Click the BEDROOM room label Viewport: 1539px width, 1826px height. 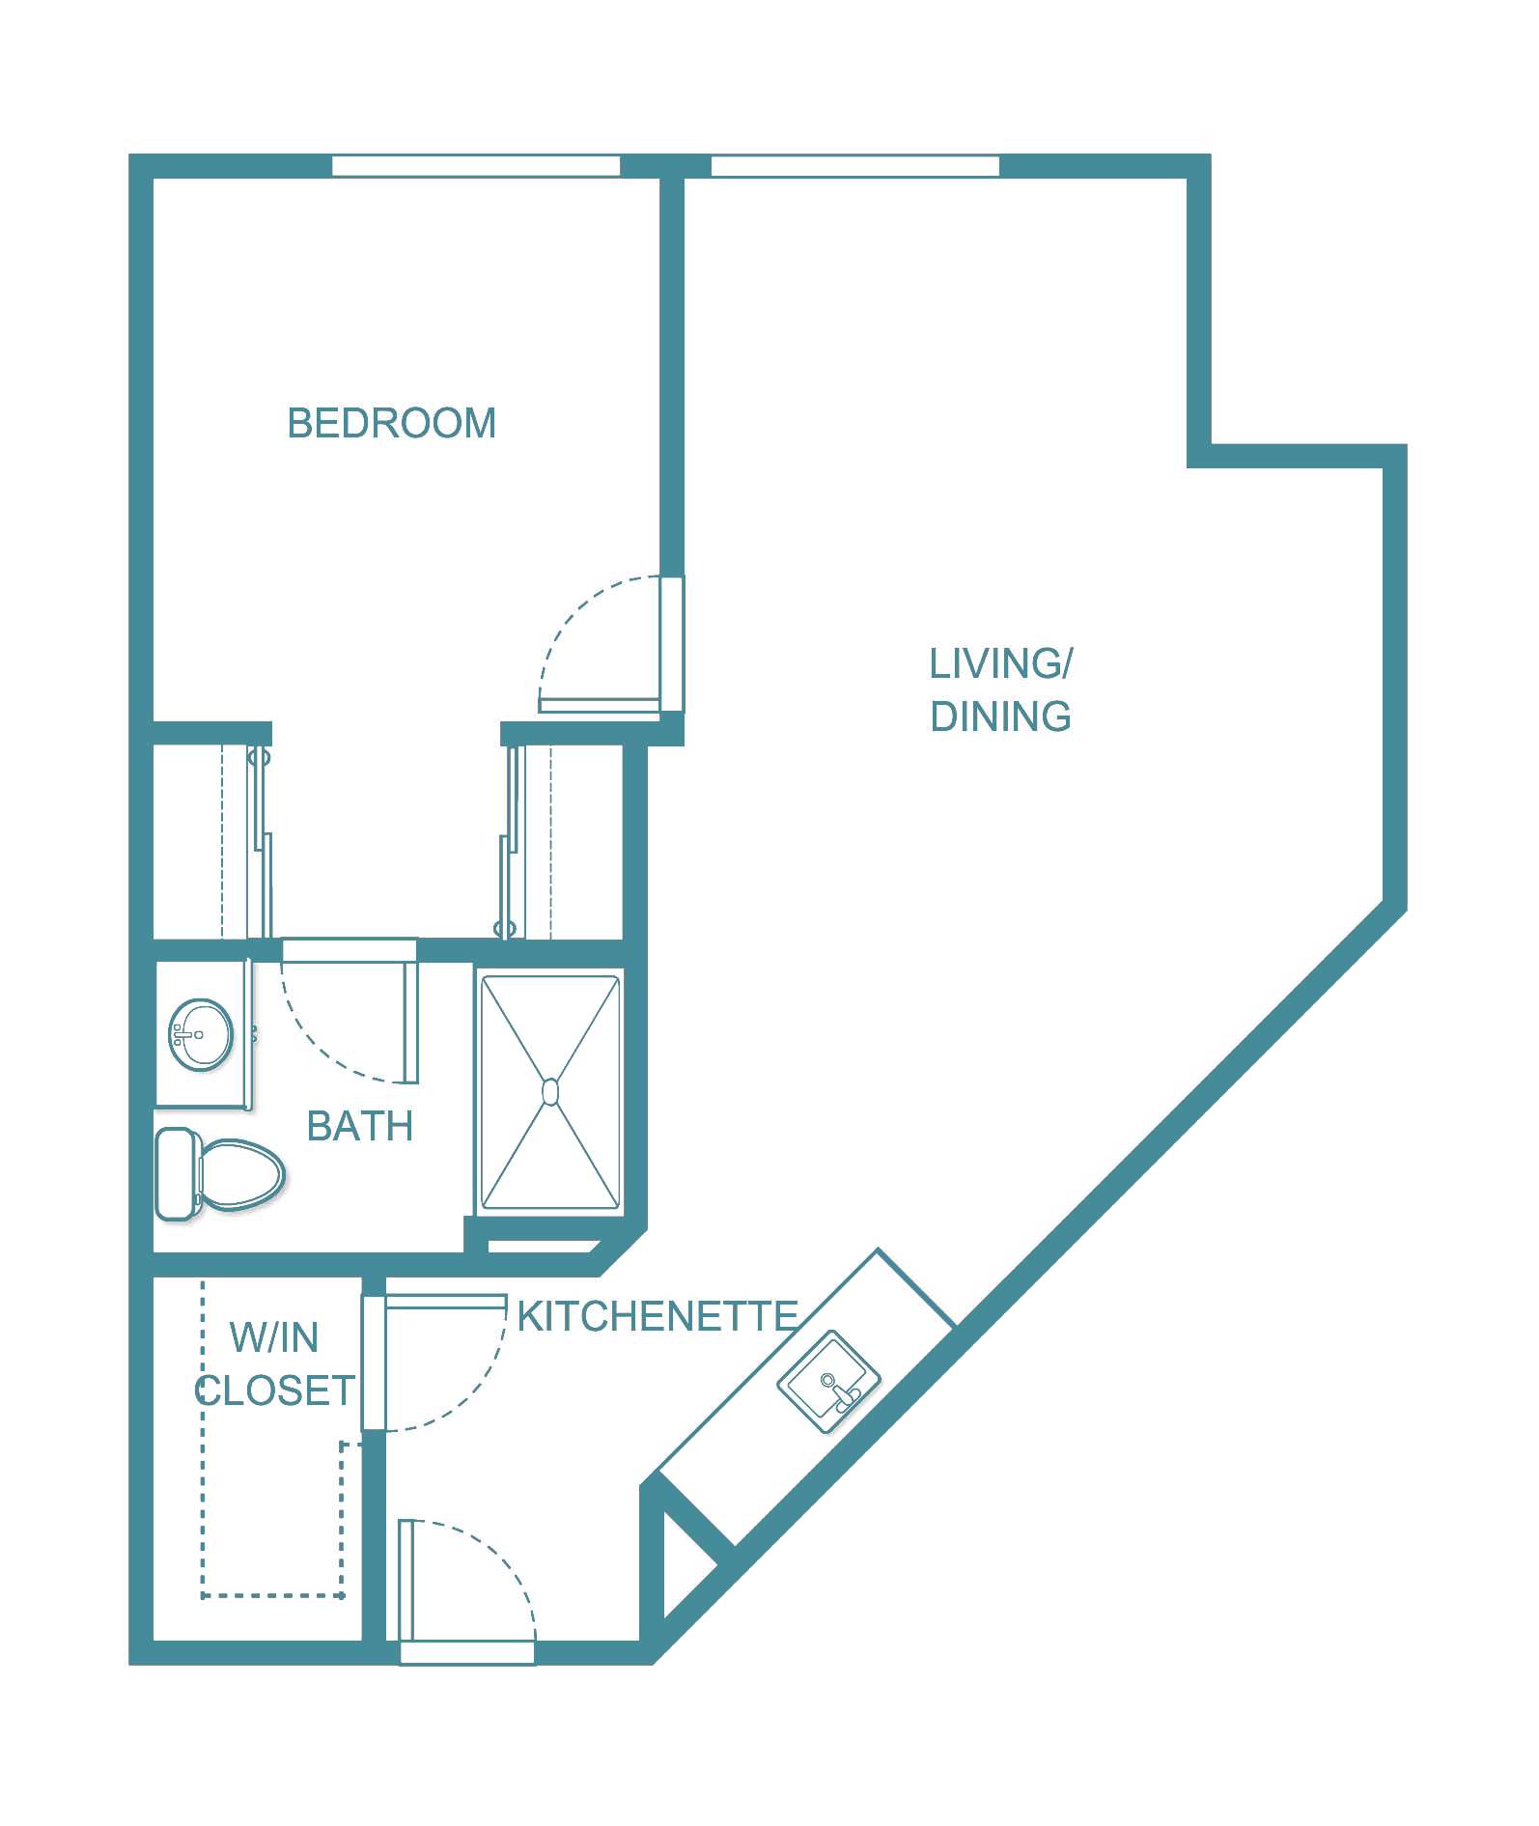[x=392, y=423]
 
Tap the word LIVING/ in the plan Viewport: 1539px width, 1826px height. [x=1001, y=663]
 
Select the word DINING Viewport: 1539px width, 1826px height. [x=1001, y=716]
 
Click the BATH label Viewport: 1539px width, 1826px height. [x=360, y=1126]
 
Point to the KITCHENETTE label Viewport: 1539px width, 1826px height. [x=658, y=1316]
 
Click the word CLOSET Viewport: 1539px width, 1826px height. [x=275, y=1391]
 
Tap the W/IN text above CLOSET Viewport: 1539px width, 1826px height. [x=274, y=1337]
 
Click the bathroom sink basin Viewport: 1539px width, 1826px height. [x=201, y=1034]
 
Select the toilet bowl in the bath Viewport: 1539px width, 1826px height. [x=240, y=1174]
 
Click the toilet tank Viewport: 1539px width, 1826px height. [x=176, y=1174]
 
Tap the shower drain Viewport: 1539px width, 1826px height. [x=550, y=1092]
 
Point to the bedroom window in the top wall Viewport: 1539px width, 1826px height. [x=476, y=165]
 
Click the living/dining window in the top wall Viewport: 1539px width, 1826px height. [x=855, y=165]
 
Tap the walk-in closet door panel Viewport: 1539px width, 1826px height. [x=374, y=1362]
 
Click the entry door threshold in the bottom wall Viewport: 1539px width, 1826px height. [x=467, y=1652]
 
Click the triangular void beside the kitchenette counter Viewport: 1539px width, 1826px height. [x=686, y=1565]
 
